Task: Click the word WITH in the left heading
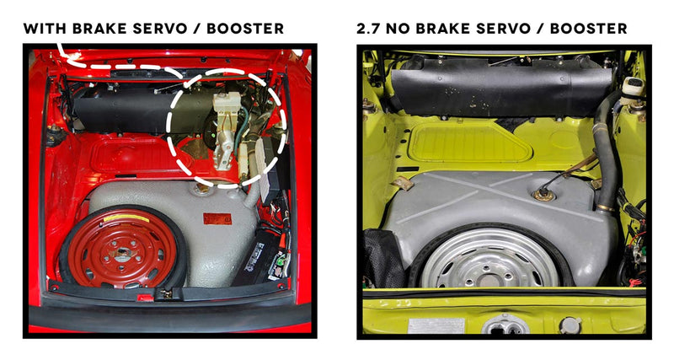tap(45, 29)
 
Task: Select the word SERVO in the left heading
tap(160, 29)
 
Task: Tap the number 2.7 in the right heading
tap(369, 29)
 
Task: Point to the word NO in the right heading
tap(397, 29)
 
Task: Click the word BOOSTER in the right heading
tap(588, 29)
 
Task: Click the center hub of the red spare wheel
tap(123, 253)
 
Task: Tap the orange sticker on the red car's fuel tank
tap(217, 218)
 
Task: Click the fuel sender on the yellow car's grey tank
tap(543, 195)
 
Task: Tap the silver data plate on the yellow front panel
tap(436, 325)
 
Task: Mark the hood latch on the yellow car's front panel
tap(505, 325)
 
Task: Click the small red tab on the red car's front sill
tap(145, 298)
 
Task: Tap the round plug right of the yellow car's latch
tap(570, 325)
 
